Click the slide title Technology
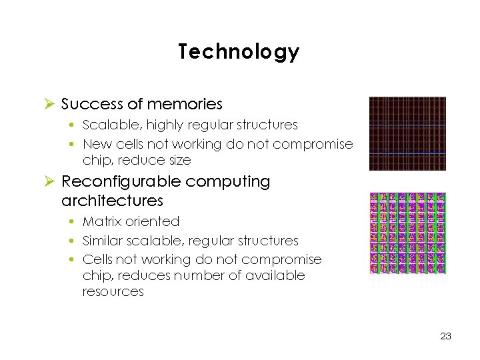point(239,52)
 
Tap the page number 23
point(446,336)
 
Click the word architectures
point(112,200)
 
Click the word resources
point(113,291)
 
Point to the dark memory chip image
point(407,133)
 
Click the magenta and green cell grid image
point(407,233)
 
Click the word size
point(178,161)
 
